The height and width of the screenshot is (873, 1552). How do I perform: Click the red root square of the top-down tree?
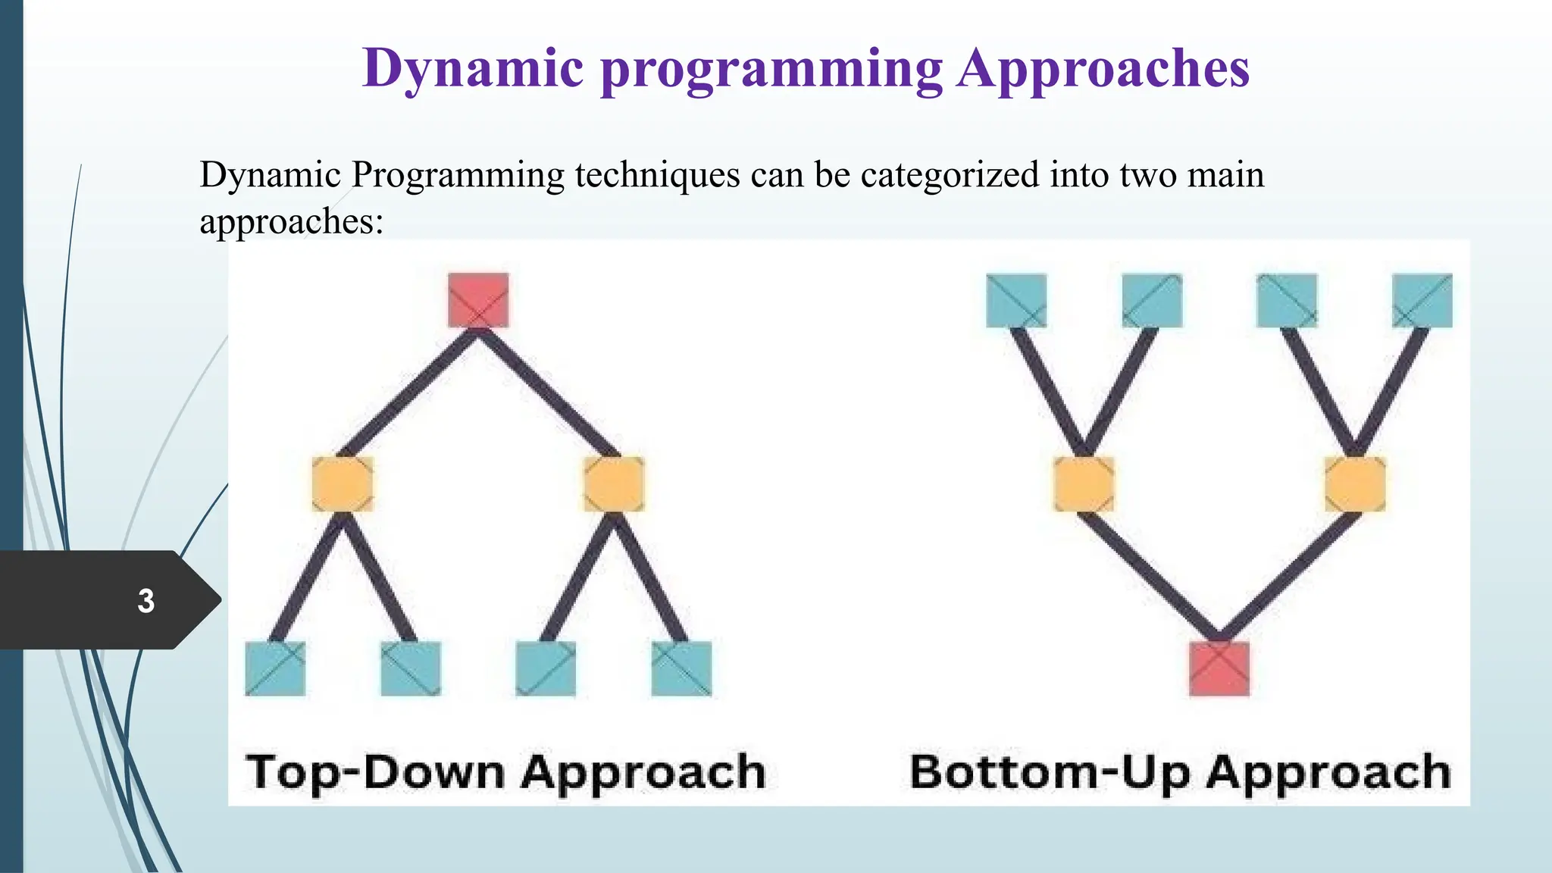pos(478,300)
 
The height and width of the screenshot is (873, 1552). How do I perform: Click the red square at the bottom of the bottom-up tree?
pos(1219,668)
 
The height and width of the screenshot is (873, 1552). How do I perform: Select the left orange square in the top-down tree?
pos(343,483)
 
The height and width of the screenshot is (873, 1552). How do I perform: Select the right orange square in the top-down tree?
pos(614,483)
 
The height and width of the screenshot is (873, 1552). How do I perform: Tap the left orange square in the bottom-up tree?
pos(1084,483)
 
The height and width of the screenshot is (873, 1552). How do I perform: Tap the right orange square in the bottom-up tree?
pos(1355,483)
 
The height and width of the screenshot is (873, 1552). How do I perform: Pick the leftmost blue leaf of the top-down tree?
pos(275,668)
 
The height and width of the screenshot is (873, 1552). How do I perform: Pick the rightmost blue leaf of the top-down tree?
pos(681,668)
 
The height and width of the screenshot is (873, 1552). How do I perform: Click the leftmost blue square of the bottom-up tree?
pos(1016,300)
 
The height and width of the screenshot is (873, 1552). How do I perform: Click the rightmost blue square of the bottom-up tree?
pos(1422,300)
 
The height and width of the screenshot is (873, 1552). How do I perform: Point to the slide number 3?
pos(146,601)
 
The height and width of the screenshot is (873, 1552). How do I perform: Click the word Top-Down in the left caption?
pos(376,773)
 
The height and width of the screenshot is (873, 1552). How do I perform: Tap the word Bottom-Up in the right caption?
pos(1050,773)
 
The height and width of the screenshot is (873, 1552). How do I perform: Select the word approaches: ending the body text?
pos(292,221)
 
